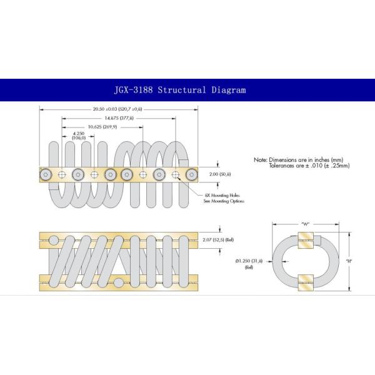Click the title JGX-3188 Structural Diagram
point(180,90)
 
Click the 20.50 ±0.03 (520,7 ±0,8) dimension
point(117,109)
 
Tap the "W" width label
point(305,224)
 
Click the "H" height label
point(349,261)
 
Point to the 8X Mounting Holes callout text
point(224,198)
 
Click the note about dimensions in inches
point(299,160)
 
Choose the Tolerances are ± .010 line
point(309,166)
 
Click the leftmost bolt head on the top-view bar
point(46,174)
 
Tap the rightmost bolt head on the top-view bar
point(192,174)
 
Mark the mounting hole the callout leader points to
point(176,174)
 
